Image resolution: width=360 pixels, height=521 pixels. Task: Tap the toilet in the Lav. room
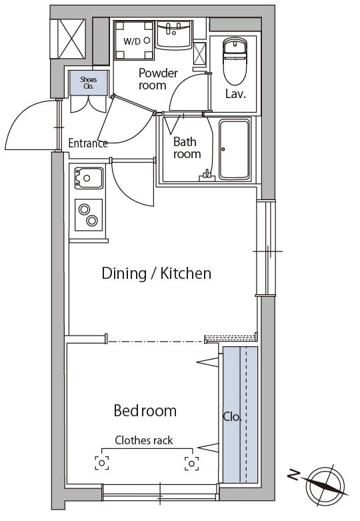[235, 61]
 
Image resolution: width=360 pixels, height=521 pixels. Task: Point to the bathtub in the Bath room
[234, 150]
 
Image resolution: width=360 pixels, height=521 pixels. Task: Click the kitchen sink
[89, 178]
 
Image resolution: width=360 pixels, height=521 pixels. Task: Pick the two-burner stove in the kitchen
[89, 215]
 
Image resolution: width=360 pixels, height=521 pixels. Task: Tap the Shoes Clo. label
[89, 83]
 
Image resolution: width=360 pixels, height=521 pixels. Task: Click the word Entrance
[88, 143]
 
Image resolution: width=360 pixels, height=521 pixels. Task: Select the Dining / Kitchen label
[157, 274]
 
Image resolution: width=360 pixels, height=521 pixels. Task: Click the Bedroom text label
[145, 411]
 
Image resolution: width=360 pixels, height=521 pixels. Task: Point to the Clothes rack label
[144, 440]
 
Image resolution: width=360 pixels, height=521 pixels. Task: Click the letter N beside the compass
[293, 475]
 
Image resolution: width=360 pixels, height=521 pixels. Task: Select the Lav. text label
[235, 94]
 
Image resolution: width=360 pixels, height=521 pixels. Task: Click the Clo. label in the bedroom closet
[232, 417]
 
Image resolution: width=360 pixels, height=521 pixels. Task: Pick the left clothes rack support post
[102, 463]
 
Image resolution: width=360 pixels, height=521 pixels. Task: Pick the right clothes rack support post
[191, 463]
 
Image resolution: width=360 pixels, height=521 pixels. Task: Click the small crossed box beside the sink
[199, 53]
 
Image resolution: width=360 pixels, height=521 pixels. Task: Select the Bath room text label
[187, 148]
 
